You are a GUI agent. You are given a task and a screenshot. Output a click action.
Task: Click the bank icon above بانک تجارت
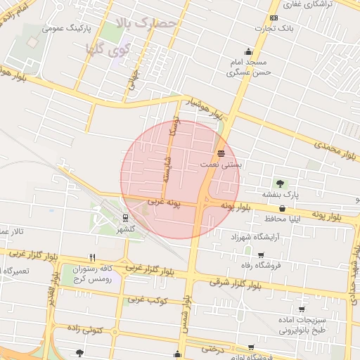274,18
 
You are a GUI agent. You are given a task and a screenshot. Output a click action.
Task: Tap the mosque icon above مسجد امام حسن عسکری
247,51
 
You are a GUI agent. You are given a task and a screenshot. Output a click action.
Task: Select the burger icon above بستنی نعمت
221,153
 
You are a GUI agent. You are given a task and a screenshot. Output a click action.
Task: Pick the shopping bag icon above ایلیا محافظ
282,208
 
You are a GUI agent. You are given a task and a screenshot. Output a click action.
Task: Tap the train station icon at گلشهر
124,217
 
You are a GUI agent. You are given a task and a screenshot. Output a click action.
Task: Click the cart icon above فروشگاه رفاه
261,255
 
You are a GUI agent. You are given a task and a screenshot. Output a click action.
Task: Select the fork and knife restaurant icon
91,258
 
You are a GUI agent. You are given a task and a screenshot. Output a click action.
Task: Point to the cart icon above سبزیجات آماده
302,309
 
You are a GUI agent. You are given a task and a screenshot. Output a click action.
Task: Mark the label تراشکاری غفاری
330,4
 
